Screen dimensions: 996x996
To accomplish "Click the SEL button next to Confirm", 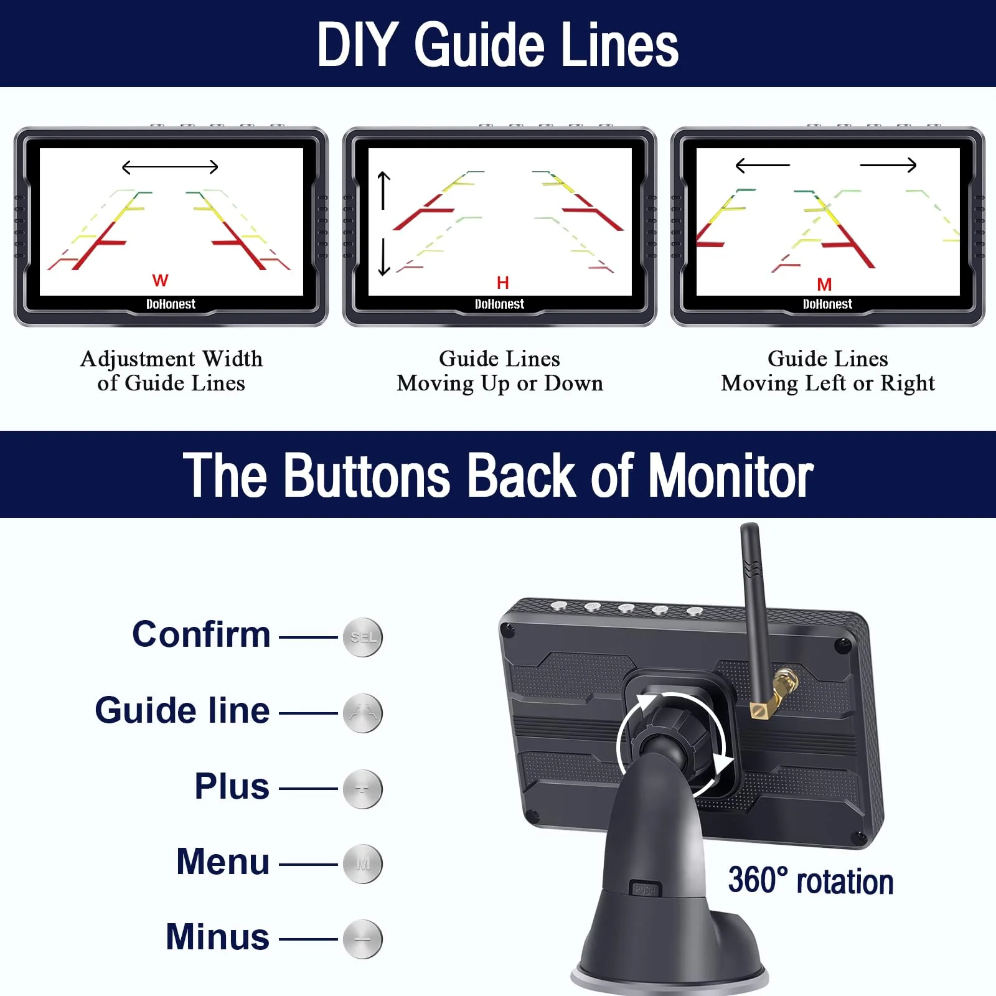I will [363, 637].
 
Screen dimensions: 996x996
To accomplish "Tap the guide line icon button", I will [363, 713].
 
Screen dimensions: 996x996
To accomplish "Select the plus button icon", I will [363, 789].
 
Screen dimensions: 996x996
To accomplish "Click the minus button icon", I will [363, 939].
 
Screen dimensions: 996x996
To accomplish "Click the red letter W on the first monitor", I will [160, 280].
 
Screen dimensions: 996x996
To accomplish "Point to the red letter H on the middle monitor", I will [503, 283].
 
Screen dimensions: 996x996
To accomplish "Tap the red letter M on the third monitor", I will [824, 284].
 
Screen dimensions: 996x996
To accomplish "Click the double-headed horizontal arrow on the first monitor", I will [170, 167].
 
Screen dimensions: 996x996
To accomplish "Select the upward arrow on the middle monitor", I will [384, 190].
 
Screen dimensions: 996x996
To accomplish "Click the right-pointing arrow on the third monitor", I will [888, 165].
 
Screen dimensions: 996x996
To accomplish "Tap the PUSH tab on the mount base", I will [645, 890].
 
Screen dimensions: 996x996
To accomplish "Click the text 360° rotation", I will [810, 881].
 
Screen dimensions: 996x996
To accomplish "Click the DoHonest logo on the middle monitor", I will [499, 304].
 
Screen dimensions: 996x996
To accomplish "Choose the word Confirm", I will [201, 634].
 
